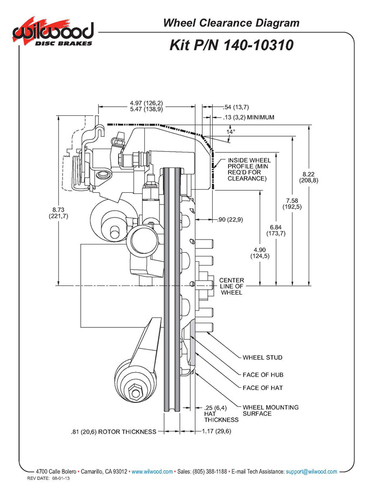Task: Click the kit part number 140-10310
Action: (x=232, y=45)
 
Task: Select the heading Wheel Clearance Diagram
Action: (x=231, y=23)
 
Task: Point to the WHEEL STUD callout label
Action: (x=262, y=357)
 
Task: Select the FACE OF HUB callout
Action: (x=263, y=374)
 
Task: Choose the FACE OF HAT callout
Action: (x=263, y=388)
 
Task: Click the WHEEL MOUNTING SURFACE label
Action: (x=270, y=410)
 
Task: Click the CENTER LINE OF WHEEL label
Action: (x=232, y=286)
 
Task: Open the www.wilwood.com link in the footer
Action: (x=152, y=471)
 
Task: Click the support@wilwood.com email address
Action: (x=311, y=471)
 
